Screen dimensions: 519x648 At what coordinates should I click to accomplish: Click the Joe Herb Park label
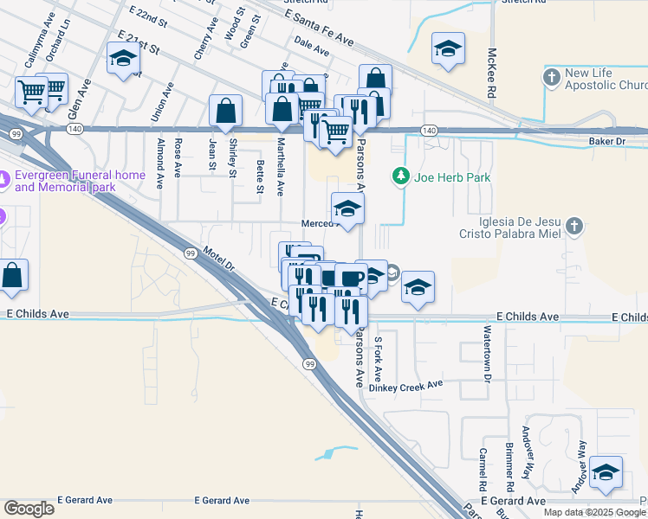[x=452, y=177]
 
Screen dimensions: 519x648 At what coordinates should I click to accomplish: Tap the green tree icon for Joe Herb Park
[x=400, y=176]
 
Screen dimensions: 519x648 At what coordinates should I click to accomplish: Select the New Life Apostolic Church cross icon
[x=552, y=78]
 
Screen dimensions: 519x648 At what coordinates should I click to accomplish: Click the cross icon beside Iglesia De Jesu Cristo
[x=573, y=227]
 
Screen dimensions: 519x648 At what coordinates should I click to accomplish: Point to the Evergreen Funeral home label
[x=80, y=181]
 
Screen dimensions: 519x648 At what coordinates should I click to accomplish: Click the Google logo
[x=29, y=509]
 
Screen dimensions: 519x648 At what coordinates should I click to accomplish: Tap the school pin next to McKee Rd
[x=448, y=50]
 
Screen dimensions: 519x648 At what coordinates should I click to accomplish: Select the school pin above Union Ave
[x=123, y=60]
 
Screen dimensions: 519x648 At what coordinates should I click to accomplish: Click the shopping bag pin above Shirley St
[x=225, y=112]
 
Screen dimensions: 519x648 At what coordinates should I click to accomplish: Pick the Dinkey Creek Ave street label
[x=405, y=386]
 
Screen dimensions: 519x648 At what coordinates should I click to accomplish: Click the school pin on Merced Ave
[x=347, y=209]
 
